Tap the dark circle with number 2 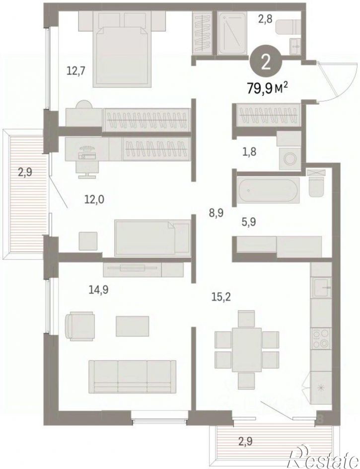coord(266,62)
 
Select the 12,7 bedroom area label coord(76,71)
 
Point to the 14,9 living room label coord(98,289)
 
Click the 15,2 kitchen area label coord(221,298)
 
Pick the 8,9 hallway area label coord(216,213)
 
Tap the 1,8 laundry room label coord(249,152)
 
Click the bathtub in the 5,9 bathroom coord(268,191)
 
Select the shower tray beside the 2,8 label coord(232,33)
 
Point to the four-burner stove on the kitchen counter coord(321,339)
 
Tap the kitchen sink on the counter coord(321,288)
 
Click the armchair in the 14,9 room coord(80,326)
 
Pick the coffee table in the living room coord(133,326)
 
